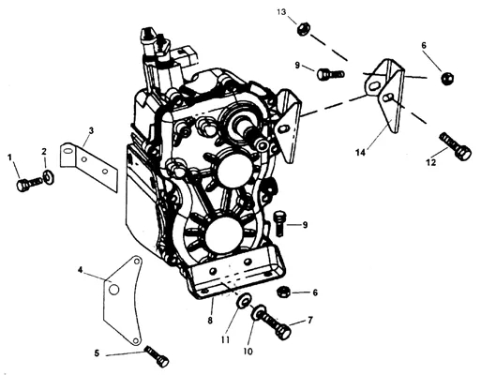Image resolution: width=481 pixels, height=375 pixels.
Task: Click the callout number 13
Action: tap(281, 12)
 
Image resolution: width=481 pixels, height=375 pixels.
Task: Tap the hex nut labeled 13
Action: tap(303, 29)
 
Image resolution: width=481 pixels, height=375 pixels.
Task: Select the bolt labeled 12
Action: tap(455, 146)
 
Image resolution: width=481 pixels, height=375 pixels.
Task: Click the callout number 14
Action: tap(360, 153)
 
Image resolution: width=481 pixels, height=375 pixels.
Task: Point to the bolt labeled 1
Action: tap(29, 184)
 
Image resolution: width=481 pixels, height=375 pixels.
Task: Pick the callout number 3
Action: tap(91, 130)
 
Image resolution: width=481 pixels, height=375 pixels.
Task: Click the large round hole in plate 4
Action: tap(114, 290)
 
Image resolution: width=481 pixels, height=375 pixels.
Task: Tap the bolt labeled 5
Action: tap(157, 356)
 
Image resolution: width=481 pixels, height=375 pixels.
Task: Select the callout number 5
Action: tap(97, 353)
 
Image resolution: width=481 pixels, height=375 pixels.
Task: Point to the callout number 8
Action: tap(210, 320)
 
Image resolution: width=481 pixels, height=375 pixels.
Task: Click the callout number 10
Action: tap(248, 352)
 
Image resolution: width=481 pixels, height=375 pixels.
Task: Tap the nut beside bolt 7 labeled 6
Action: tap(284, 292)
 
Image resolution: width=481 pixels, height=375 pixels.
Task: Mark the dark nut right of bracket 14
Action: tap(447, 78)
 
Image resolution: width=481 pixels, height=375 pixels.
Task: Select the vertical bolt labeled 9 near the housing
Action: tap(279, 223)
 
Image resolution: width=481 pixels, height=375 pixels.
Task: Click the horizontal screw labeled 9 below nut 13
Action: tap(331, 74)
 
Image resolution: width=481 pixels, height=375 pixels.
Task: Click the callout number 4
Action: tap(81, 270)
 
